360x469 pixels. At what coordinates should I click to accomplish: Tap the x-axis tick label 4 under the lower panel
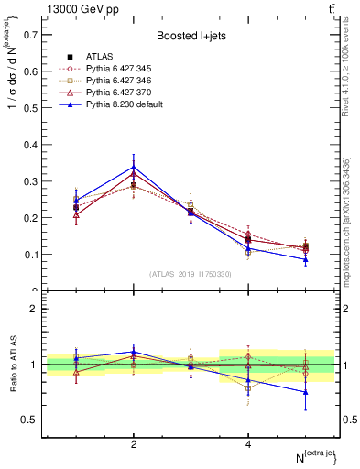(x=248, y=444)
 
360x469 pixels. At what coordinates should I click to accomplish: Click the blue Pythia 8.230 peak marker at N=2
(x=134, y=168)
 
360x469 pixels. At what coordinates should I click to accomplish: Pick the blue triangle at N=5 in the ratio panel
(x=306, y=392)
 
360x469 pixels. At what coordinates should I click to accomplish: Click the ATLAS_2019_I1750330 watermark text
(x=191, y=274)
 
